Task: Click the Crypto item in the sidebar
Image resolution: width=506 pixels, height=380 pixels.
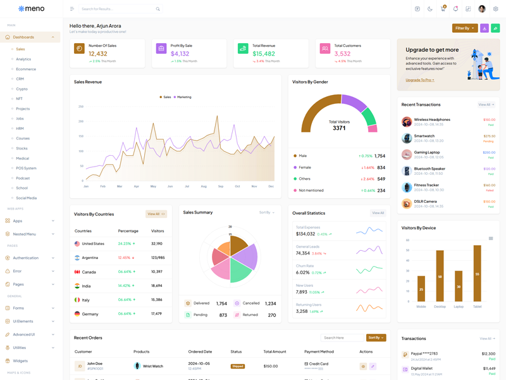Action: click(x=22, y=89)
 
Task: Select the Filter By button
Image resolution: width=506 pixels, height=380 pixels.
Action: click(x=465, y=28)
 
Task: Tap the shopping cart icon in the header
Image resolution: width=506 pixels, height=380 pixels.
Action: click(x=443, y=9)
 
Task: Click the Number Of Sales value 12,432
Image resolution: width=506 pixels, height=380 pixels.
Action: click(x=98, y=54)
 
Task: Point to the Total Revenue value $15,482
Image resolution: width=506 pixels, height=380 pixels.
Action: click(x=264, y=54)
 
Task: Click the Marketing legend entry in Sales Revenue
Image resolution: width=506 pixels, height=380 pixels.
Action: click(x=183, y=97)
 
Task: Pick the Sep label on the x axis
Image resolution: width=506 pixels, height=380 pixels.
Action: click(x=221, y=186)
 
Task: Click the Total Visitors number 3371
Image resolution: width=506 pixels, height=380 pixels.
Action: click(x=339, y=128)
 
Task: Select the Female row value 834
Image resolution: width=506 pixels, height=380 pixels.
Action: click(x=381, y=168)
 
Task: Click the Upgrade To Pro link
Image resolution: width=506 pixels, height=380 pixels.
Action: click(x=419, y=80)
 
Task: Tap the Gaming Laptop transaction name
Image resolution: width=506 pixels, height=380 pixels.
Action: click(x=428, y=152)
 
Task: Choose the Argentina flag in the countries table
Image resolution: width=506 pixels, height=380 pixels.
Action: click(x=77, y=258)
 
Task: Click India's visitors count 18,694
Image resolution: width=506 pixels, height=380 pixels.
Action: click(x=157, y=286)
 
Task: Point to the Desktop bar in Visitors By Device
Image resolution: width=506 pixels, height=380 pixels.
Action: click(x=440, y=275)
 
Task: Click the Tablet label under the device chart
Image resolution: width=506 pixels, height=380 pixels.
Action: click(x=477, y=307)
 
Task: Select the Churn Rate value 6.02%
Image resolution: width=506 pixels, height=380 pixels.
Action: click(x=303, y=272)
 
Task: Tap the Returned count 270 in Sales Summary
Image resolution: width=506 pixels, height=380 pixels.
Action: click(x=271, y=315)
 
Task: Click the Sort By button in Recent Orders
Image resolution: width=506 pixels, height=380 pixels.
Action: click(x=376, y=338)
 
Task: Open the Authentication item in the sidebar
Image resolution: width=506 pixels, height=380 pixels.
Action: click(x=26, y=258)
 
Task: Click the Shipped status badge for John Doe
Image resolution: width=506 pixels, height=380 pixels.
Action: click(x=237, y=366)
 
